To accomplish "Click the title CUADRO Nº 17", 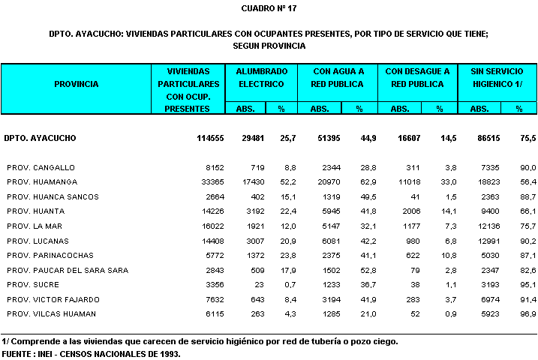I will coord(269,8).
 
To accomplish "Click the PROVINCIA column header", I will coord(76,84).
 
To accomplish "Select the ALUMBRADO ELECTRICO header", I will coord(261,77).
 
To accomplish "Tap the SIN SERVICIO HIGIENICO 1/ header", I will coord(497,77).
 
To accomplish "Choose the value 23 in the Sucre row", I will coord(259,284).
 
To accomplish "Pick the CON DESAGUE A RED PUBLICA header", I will coord(417,77).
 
